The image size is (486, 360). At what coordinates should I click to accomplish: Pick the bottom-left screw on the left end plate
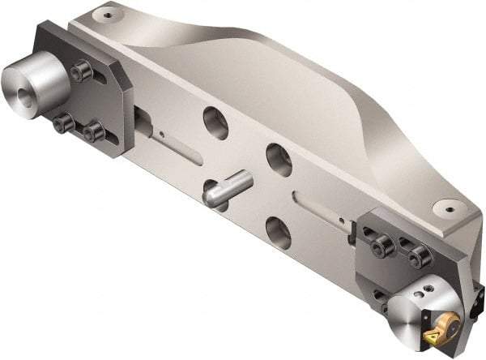tap(63, 124)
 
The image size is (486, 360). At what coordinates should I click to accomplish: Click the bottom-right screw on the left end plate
tap(93, 131)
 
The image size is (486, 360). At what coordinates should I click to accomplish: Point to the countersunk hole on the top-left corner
tap(105, 14)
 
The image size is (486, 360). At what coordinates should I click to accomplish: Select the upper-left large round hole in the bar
tap(215, 121)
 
